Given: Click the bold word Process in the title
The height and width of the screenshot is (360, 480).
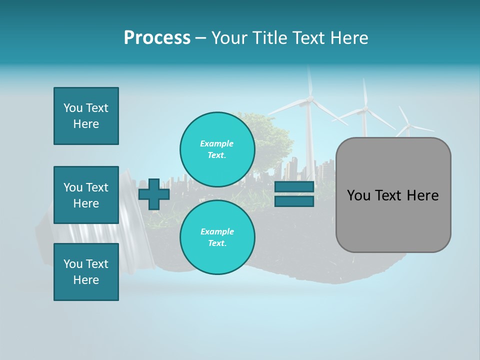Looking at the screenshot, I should tap(157, 38).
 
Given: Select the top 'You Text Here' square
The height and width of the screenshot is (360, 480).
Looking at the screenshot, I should tap(86, 116).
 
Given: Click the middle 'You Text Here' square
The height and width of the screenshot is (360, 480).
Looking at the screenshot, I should tap(86, 195).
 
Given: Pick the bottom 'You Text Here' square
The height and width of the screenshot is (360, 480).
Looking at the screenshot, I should tap(86, 271).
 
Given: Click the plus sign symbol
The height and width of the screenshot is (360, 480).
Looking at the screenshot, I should tap(154, 193).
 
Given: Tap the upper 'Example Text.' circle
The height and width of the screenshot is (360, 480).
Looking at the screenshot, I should tap(217, 149).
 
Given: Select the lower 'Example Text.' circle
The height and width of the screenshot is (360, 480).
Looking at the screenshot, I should tap(217, 237).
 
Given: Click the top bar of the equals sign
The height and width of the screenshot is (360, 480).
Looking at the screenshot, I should tap(294, 187).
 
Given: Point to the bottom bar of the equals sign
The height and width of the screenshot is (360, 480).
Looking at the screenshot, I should tap(294, 201).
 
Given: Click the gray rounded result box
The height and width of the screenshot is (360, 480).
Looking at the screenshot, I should tap(393, 195).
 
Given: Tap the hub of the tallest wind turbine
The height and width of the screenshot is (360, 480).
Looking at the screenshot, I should tap(310, 99).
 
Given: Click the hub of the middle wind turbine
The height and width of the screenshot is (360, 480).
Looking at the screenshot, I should tap(365, 108).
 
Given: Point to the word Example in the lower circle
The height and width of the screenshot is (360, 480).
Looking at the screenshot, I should tap(217, 231).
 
